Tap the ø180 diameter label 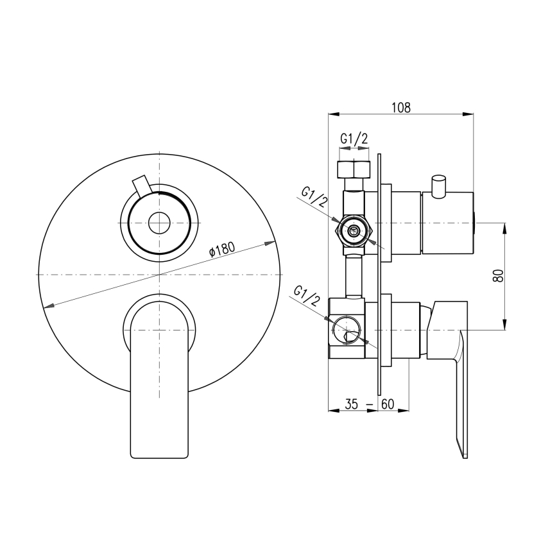(x=223, y=248)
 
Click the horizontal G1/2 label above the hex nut (x=354, y=139)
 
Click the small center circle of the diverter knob (x=159, y=224)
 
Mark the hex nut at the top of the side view (x=354, y=171)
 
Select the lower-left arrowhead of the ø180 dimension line (x=45, y=306)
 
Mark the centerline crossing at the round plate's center (x=159, y=275)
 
